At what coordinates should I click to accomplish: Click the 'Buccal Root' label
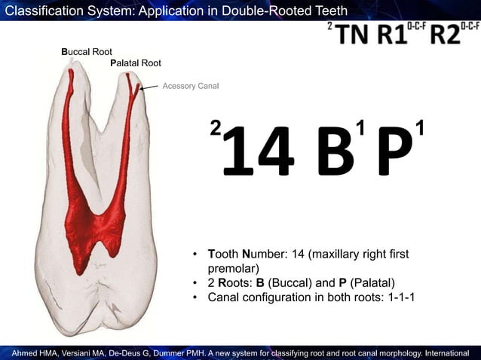pyautogui.click(x=87, y=52)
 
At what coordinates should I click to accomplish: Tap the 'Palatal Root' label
pyautogui.click(x=136, y=63)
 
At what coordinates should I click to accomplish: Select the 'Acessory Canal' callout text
pyautogui.click(x=191, y=87)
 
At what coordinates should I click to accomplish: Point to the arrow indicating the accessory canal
pyautogui.click(x=149, y=88)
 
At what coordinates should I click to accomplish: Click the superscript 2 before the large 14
pyautogui.click(x=216, y=129)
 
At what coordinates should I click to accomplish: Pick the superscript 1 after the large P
pyautogui.click(x=420, y=127)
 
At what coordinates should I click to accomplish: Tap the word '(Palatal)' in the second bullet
pyautogui.click(x=371, y=282)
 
